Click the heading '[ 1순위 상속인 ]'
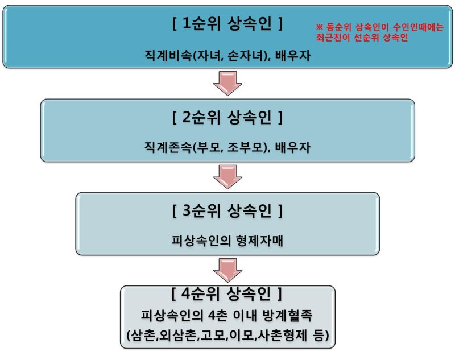point(227,23)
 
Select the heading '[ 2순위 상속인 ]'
point(227,117)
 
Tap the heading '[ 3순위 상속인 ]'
point(227,210)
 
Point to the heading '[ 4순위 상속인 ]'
point(226,294)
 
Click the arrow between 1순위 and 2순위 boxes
point(227,83)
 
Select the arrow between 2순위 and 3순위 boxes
point(227,177)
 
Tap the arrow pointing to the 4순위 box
point(227,270)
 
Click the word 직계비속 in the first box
point(168,55)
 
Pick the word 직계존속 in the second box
point(168,147)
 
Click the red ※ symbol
point(319,27)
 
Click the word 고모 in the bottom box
point(212,336)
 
